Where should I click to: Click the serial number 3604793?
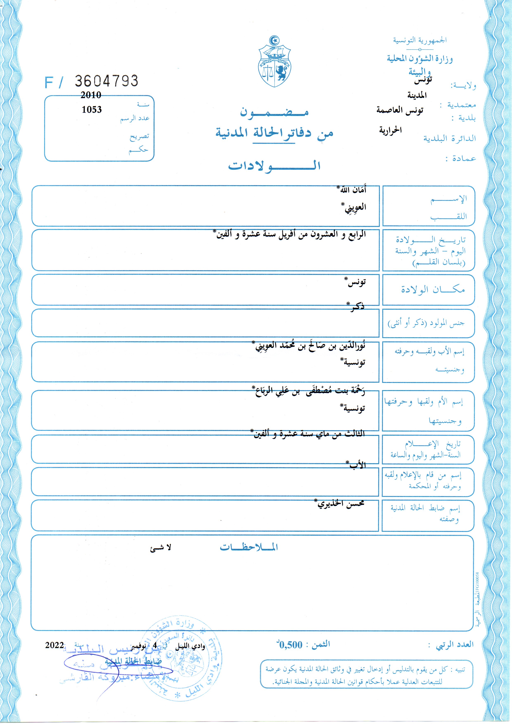point(106,81)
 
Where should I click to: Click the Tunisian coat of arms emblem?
point(274,62)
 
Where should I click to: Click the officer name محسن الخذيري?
point(341,503)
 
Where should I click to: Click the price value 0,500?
point(290,645)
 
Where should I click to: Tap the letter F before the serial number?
point(49,83)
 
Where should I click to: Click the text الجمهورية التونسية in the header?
point(419,40)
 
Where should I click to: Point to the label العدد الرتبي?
point(455,644)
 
